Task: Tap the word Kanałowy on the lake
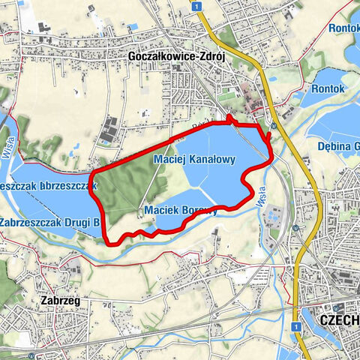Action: point(212,160)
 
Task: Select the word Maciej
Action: point(169,160)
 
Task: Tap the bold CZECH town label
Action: point(339,319)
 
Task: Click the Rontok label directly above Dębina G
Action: point(329,88)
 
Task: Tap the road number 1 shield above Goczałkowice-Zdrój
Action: point(194,5)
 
